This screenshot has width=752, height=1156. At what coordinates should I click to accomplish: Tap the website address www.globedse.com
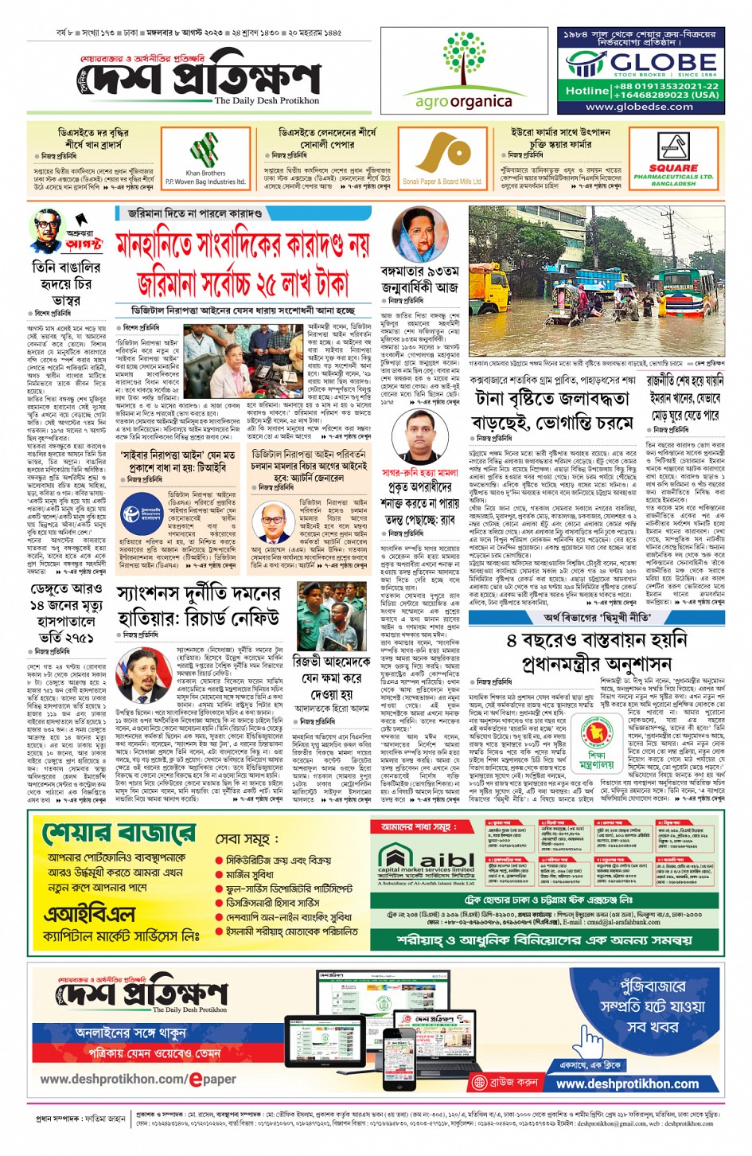[639, 107]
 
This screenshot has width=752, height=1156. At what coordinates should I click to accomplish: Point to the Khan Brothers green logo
[205, 151]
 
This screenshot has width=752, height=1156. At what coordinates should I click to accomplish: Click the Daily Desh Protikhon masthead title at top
[203, 80]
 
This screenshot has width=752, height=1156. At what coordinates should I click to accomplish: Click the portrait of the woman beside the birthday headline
[419, 236]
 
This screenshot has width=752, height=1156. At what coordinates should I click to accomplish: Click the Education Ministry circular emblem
[596, 736]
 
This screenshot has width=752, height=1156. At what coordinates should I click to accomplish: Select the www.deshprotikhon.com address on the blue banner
[627, 1084]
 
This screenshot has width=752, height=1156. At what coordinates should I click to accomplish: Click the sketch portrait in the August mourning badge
[47, 232]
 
